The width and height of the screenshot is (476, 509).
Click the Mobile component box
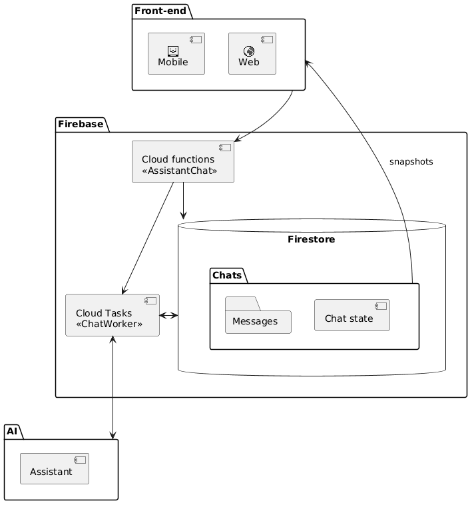[176, 53]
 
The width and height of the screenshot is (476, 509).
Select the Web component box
[252, 53]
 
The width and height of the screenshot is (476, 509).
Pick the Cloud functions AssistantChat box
[183, 161]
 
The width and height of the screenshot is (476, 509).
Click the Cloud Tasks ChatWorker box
[113, 314]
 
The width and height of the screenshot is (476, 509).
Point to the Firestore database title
[311, 239]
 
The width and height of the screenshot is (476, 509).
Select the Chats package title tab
[228, 274]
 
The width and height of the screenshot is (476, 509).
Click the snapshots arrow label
[411, 162]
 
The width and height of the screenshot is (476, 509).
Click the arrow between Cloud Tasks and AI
[114, 386]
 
